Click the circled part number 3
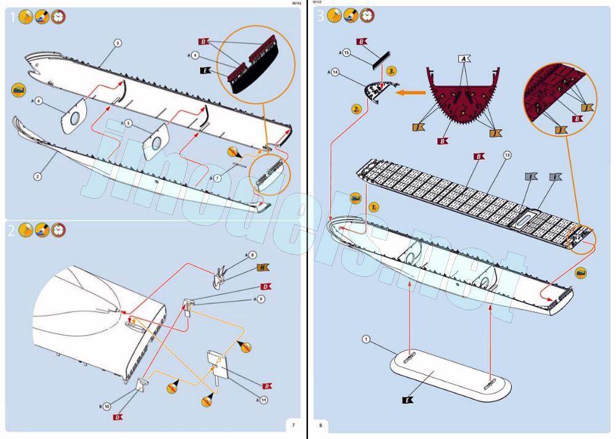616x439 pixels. [118, 42]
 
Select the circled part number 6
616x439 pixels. [38, 100]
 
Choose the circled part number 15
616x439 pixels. [347, 53]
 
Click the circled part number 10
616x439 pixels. [107, 406]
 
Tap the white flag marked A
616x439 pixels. [464, 59]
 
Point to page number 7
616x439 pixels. [293, 425]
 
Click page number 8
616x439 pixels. [320, 425]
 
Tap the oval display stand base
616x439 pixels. [450, 376]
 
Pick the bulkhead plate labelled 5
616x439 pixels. [156, 140]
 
